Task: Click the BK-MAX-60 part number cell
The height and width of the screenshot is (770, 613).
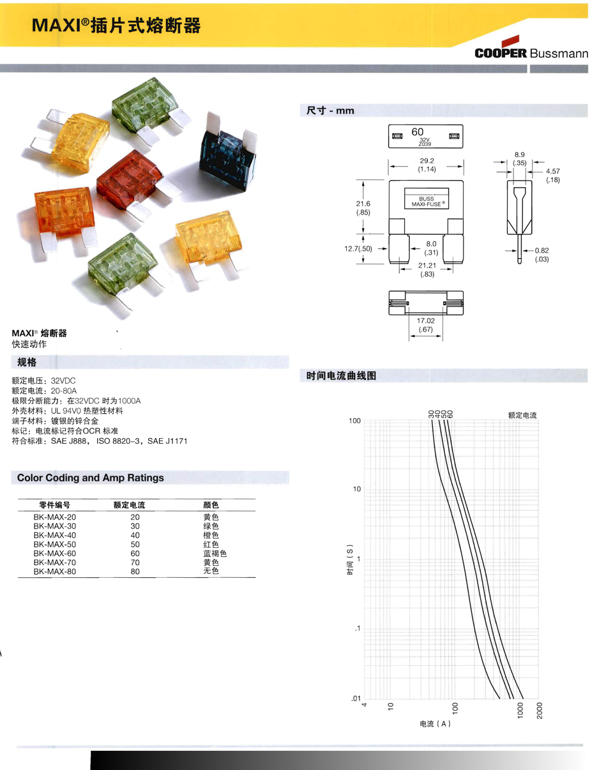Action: click(x=55, y=553)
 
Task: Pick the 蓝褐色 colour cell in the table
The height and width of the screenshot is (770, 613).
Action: click(x=215, y=553)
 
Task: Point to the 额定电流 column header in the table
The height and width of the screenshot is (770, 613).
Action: click(x=129, y=505)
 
